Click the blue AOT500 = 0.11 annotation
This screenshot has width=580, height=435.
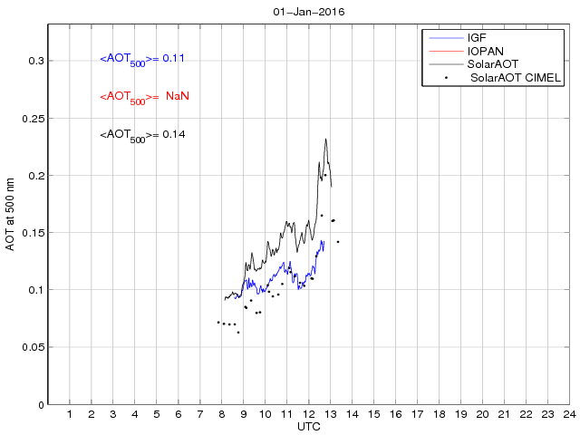(142, 59)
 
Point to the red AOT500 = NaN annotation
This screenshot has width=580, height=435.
(144, 97)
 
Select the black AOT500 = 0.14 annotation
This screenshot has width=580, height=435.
(142, 135)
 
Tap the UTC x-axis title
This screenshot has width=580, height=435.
(308, 426)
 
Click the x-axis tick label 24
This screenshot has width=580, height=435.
(568, 414)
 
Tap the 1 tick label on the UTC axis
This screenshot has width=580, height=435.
(70, 414)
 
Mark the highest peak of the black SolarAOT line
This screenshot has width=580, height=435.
(325, 139)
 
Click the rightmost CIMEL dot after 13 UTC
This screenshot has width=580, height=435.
(338, 242)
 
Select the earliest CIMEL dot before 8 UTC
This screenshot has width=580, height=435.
(218, 322)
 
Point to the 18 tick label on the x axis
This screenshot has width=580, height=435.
(439, 414)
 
